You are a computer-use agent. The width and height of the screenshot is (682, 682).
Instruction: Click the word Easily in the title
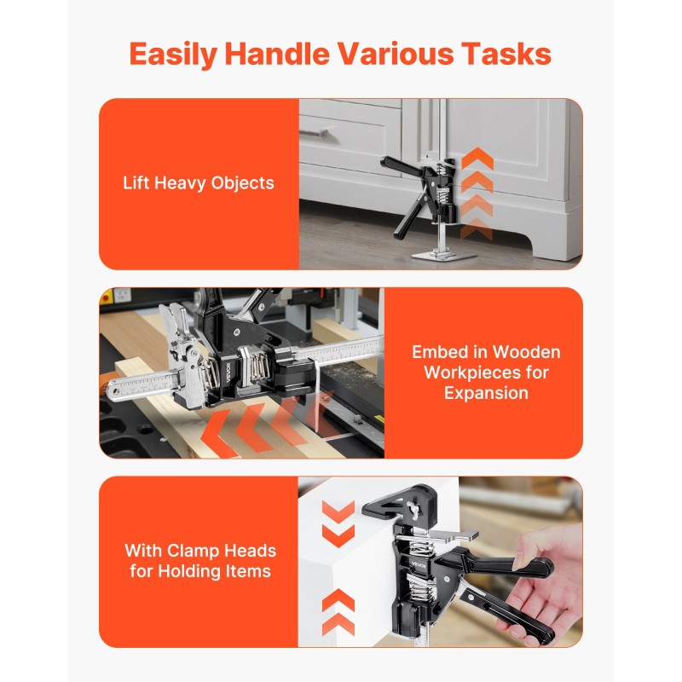(173, 55)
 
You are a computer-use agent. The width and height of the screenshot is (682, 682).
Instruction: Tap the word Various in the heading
(396, 54)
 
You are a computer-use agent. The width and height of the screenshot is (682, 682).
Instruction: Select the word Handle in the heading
(277, 54)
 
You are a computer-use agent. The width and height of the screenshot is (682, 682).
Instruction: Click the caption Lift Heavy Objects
(199, 183)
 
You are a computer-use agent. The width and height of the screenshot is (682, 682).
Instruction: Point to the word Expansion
(486, 393)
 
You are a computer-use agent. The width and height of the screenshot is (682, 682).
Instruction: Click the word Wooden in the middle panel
(526, 352)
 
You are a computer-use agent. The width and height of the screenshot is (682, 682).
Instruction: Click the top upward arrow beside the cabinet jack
(477, 159)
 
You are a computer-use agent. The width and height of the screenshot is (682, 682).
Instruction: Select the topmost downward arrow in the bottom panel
(338, 510)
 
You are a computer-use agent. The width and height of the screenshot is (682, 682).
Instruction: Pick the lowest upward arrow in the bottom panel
(338, 624)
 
